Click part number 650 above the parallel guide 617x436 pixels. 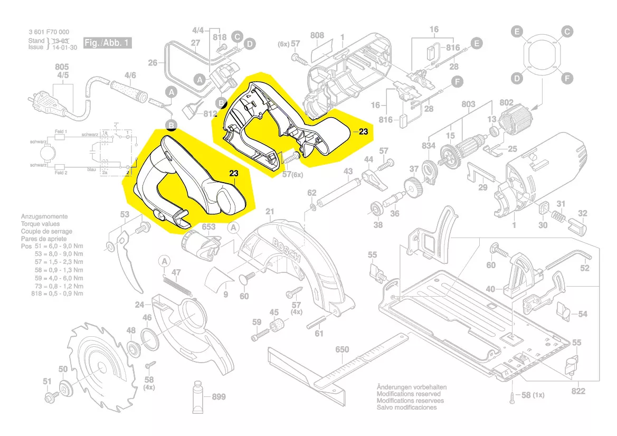point(342,349)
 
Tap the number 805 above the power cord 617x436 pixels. point(62,67)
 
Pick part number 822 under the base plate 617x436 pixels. point(578,391)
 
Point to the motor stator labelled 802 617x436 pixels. point(521,125)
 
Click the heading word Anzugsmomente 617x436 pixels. point(44,217)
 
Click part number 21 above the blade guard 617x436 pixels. point(270,212)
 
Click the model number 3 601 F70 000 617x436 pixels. point(49,32)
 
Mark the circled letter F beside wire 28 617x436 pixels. point(457,82)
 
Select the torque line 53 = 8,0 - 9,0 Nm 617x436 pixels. point(57,254)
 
